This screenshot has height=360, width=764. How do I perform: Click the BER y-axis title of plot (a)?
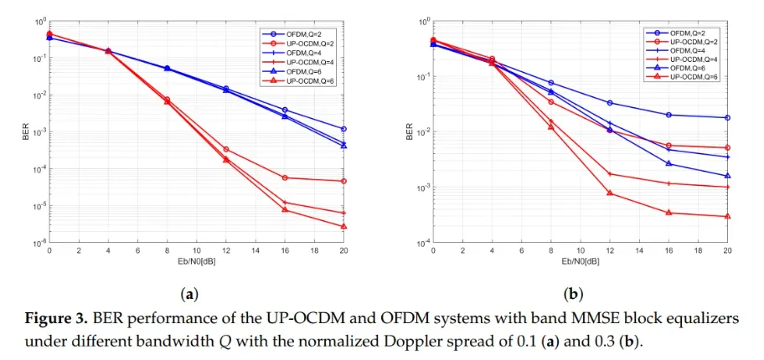coord(25,131)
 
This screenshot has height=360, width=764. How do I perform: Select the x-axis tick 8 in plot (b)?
coord(551,250)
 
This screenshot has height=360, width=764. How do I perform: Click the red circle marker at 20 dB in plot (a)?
coord(344,181)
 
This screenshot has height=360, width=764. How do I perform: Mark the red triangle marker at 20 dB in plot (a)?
coord(344,226)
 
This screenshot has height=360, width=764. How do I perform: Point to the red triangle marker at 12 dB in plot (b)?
coord(610,193)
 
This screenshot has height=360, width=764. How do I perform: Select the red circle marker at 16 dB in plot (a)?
coord(286,177)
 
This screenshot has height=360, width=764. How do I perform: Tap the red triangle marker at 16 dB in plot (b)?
coord(668,213)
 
